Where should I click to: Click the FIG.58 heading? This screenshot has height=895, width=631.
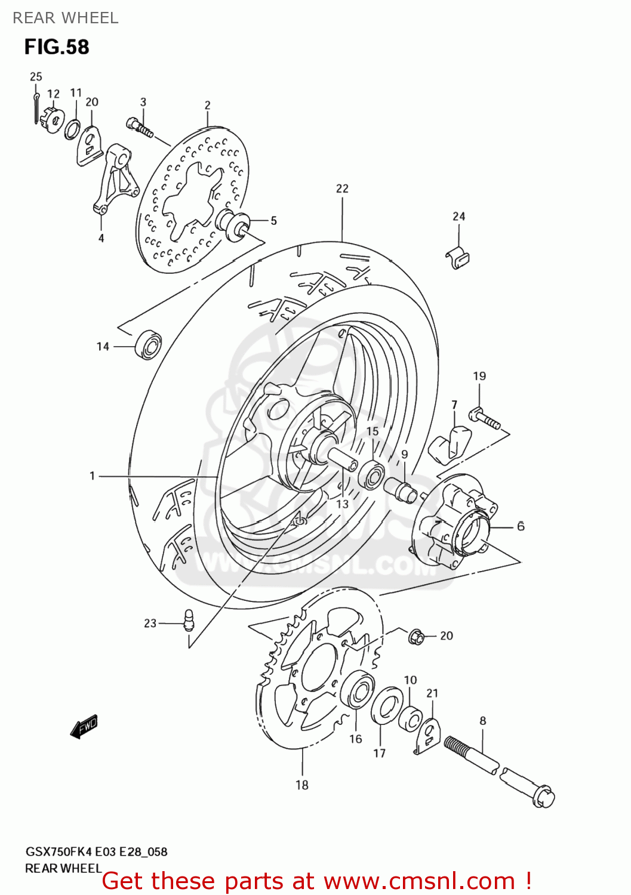pyautogui.click(x=57, y=47)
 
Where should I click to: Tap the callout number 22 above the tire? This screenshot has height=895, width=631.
pyautogui.click(x=342, y=189)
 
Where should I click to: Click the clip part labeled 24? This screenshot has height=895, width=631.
pyautogui.click(x=458, y=258)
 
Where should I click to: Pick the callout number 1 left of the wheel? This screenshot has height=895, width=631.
pyautogui.click(x=92, y=476)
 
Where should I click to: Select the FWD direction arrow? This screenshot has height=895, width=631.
pyautogui.click(x=84, y=727)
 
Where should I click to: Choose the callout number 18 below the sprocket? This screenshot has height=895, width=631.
pyautogui.click(x=302, y=785)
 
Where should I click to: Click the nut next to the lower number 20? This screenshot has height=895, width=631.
pyautogui.click(x=416, y=637)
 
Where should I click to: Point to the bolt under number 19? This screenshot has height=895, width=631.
pyautogui.click(x=486, y=417)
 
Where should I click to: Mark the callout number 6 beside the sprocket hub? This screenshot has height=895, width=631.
pyautogui.click(x=521, y=526)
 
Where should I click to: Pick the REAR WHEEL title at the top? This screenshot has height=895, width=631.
pyautogui.click(x=66, y=18)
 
